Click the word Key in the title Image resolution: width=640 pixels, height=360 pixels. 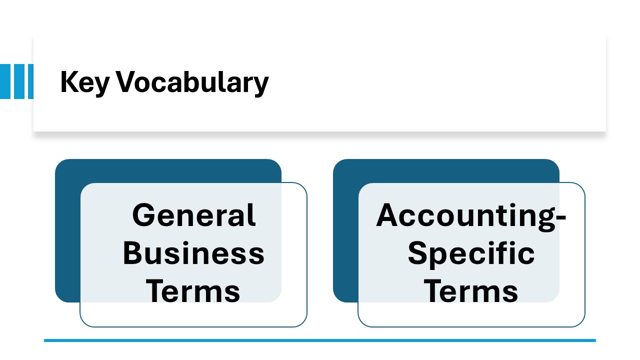pyautogui.click(x=85, y=83)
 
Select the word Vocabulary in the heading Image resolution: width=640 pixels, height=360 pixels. pyautogui.click(x=192, y=83)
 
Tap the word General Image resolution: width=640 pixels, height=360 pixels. pyautogui.click(x=194, y=215)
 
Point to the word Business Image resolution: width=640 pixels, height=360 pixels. pyautogui.click(x=193, y=253)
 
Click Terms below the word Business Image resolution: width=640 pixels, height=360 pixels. pyautogui.click(x=193, y=291)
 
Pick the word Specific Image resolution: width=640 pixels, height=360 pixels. pyautogui.click(x=471, y=255)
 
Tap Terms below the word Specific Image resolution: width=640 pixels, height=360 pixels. pyautogui.click(x=471, y=291)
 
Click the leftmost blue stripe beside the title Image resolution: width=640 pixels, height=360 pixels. pyautogui.click(x=5, y=81)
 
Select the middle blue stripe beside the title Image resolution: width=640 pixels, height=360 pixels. pyautogui.click(x=19, y=81)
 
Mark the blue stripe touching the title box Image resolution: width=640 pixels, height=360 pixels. pyautogui.click(x=30, y=81)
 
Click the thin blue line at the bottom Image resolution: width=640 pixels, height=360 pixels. pyautogui.click(x=320, y=340)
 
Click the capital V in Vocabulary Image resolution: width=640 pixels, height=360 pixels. pyautogui.click(x=126, y=81)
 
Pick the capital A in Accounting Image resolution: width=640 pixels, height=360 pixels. pyautogui.click(x=388, y=215)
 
